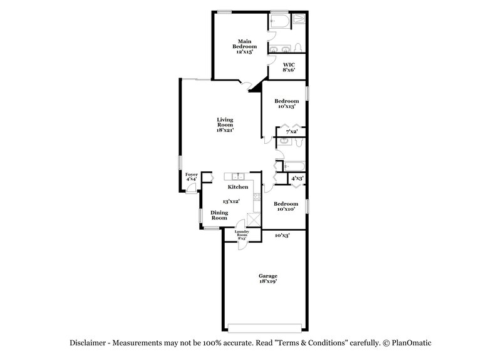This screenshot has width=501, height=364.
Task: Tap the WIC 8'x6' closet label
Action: point(289,67)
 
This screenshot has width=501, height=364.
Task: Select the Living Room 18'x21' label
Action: point(225,125)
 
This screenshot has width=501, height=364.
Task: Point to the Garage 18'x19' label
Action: point(268,279)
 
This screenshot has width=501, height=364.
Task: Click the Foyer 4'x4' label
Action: point(191,177)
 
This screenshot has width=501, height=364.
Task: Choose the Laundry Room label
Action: point(242,235)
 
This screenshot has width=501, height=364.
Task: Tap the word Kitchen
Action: point(238,187)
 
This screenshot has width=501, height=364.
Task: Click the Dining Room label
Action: point(219,215)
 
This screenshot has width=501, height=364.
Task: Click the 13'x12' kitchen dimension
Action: point(232,201)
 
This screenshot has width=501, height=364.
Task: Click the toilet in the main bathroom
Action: point(298,48)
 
